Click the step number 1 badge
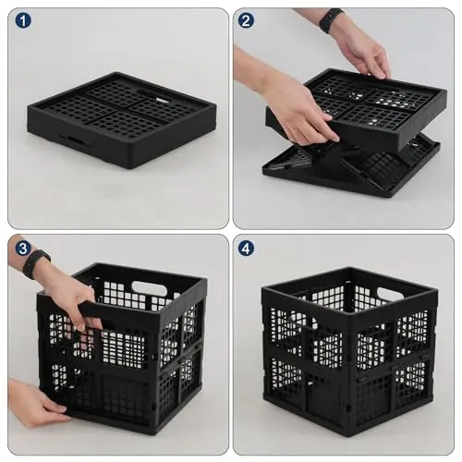click(23, 20)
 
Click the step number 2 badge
click(246, 20)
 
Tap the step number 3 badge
click(23, 249)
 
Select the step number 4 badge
click(246, 249)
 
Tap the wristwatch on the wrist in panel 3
click(36, 263)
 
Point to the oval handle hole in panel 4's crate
click(390, 294)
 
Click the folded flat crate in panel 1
click(122, 119)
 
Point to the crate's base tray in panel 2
click(351, 166)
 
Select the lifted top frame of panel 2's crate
click(357, 108)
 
